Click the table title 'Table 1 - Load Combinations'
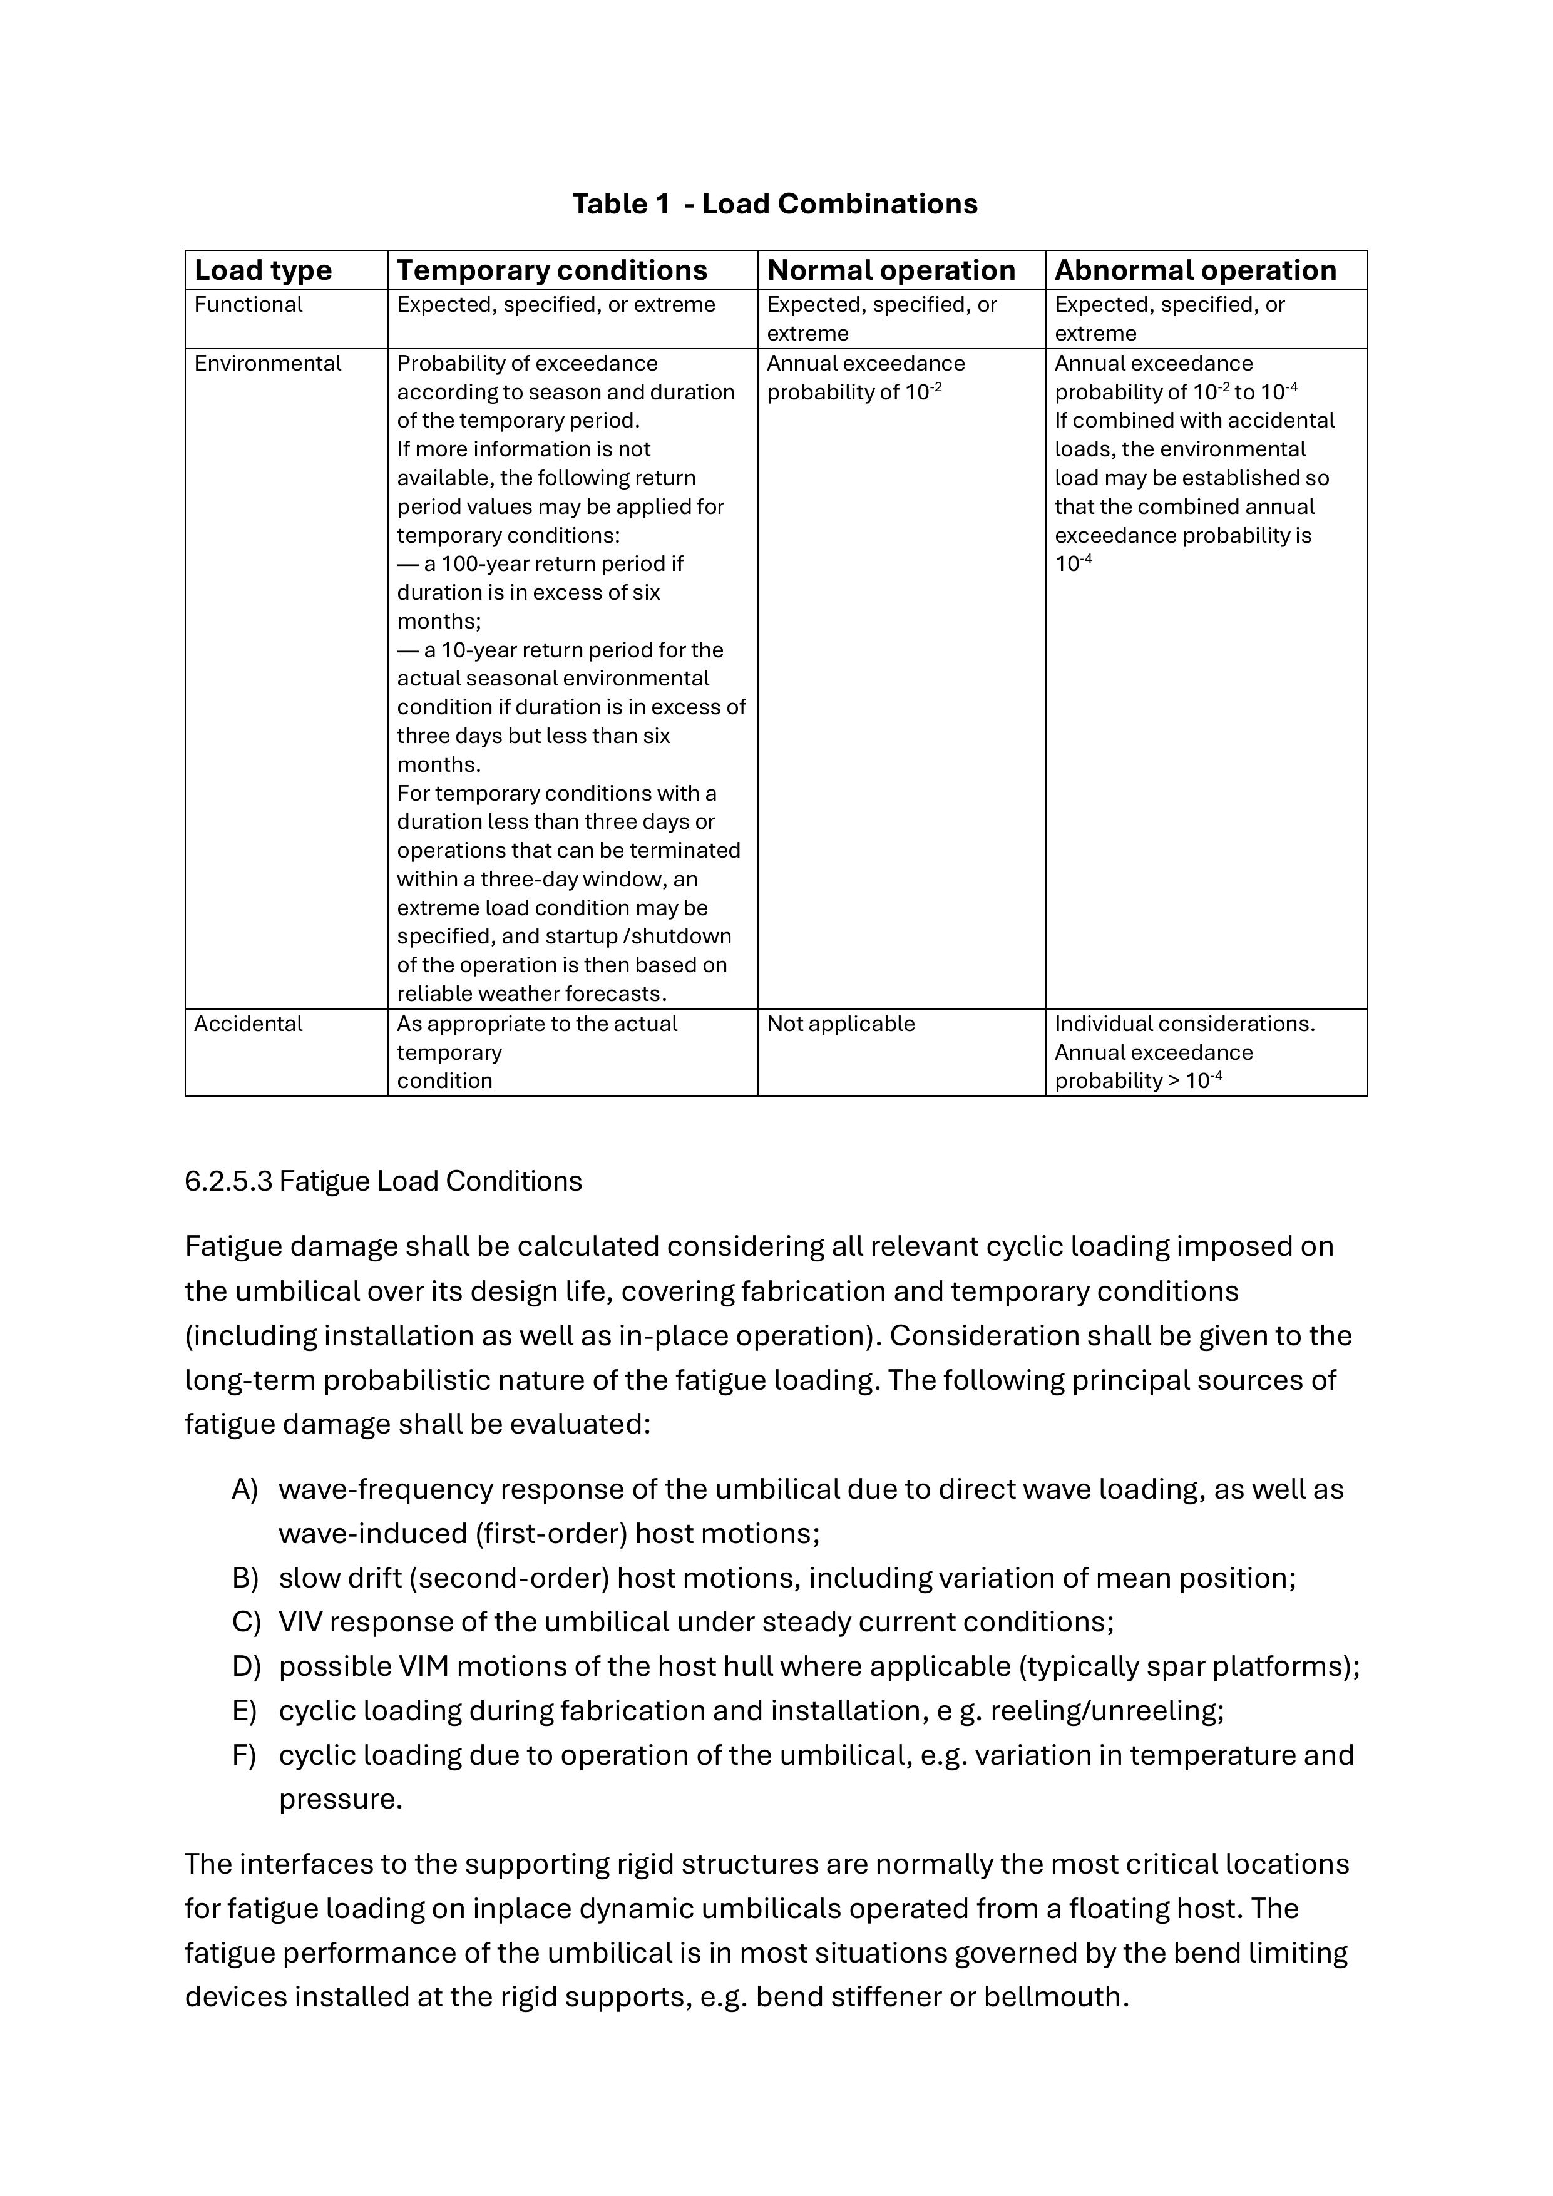click(774, 203)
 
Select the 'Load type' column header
click(263, 270)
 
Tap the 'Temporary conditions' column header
click(551, 270)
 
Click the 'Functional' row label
click(248, 305)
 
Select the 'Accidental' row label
click(248, 1024)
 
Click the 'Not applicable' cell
click(841, 1024)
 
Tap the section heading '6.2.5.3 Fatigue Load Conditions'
click(382, 1181)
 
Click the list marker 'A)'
click(245, 1489)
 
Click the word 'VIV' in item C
click(299, 1622)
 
